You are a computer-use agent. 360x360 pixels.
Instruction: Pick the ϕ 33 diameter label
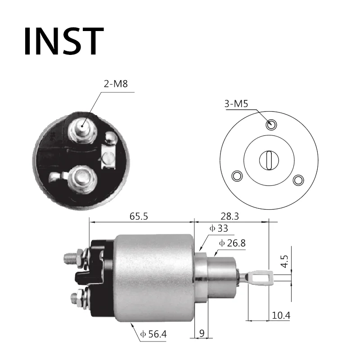(219, 228)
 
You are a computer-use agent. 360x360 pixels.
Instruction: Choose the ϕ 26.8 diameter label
(233, 243)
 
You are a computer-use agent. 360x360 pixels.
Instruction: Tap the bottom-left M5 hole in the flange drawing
(237, 175)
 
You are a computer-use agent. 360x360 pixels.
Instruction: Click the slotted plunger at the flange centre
(269, 160)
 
